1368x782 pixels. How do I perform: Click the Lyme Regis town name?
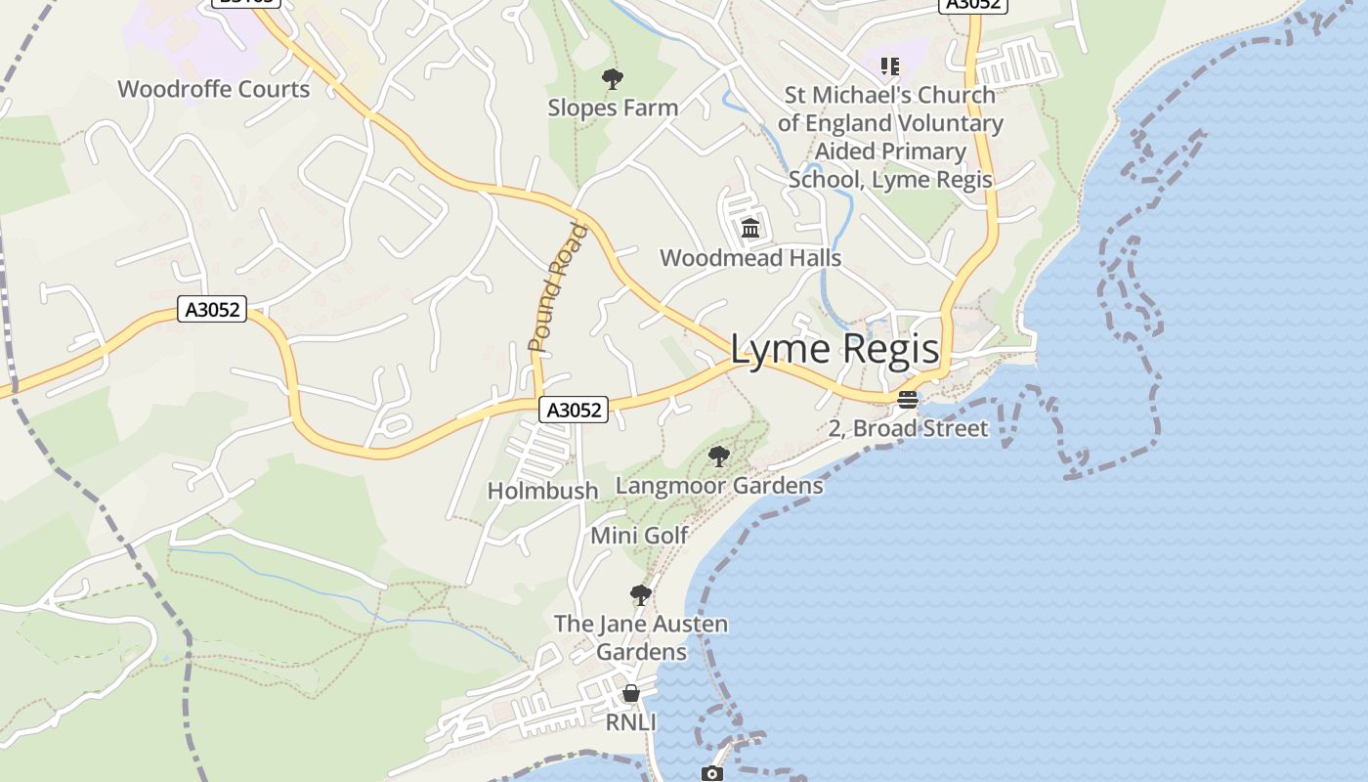tap(834, 350)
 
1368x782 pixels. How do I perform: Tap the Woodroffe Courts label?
tap(213, 89)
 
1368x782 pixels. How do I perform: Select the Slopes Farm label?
tap(613, 108)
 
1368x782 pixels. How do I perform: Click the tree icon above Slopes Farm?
tap(613, 78)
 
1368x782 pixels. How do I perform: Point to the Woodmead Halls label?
tap(750, 258)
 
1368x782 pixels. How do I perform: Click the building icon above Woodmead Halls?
tap(750, 229)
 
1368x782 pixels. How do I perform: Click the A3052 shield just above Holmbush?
tap(574, 410)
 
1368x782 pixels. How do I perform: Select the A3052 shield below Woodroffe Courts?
tap(212, 310)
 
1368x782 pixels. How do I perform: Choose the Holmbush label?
tap(542, 491)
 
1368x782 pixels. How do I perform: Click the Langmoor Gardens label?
tap(719, 486)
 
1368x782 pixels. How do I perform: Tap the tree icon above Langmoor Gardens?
tap(719, 456)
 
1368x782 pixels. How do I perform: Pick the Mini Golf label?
tap(639, 536)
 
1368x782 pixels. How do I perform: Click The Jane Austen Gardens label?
tap(641, 637)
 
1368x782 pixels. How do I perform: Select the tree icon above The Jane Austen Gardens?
tap(641, 594)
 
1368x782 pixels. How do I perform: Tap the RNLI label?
tap(630, 722)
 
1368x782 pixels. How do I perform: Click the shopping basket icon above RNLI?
tap(631, 693)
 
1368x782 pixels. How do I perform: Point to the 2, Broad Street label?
tap(908, 428)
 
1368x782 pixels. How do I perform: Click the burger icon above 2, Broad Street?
tap(908, 399)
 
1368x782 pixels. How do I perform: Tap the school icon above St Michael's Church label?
tap(889, 66)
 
